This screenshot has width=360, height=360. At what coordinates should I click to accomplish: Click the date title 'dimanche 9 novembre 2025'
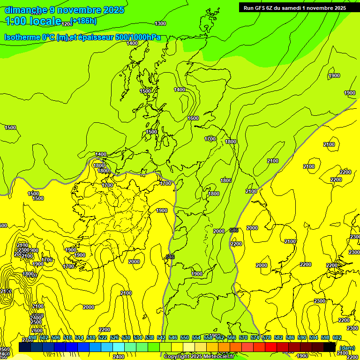tap(64, 10)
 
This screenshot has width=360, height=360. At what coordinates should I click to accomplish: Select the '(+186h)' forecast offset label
tap(83, 21)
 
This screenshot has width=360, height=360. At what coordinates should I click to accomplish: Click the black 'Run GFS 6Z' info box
tap(295, 7)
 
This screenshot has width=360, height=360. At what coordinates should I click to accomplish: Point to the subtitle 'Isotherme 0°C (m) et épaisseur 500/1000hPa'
tap(82, 37)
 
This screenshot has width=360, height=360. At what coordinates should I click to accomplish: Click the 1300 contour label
tap(160, 23)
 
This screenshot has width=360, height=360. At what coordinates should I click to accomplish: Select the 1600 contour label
tap(193, 118)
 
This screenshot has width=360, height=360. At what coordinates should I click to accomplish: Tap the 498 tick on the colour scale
tap(32, 337)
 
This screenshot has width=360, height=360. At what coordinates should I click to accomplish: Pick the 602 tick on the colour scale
tap(337, 337)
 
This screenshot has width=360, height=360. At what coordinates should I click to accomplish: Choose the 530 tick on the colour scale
tap(126, 337)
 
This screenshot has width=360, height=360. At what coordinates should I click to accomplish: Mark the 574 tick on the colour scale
tap(255, 337)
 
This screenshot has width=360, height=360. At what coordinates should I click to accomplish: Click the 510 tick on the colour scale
tap(67, 337)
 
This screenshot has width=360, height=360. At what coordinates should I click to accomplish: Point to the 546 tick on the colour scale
tap(173, 337)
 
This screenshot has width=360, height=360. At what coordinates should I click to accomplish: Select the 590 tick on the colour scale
tap(302, 337)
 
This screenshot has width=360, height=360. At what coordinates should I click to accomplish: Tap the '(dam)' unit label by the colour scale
tap(347, 347)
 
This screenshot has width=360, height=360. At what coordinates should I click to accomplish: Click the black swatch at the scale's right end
tap(330, 347)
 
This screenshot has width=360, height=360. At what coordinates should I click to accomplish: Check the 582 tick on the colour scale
tap(278, 337)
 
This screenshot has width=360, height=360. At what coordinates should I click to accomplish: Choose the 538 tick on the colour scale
tap(150, 337)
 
